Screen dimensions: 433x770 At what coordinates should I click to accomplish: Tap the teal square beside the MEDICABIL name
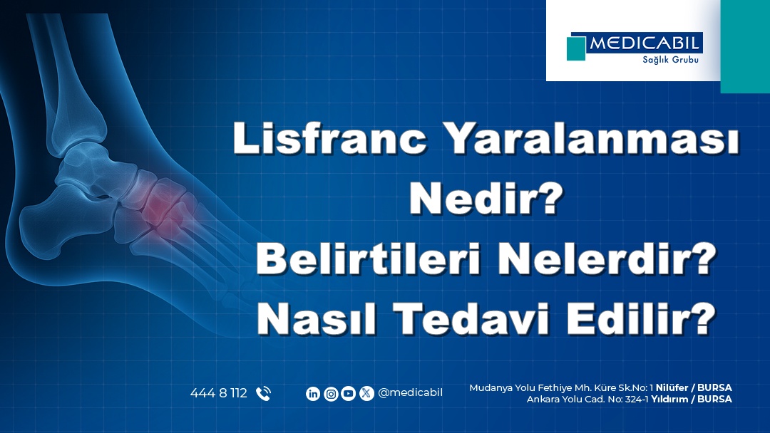coord(575,48)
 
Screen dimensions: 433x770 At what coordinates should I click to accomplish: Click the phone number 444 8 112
coord(218,393)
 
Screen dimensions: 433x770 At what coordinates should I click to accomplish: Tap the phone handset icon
coord(263,393)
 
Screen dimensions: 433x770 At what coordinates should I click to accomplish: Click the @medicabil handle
coord(411,393)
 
